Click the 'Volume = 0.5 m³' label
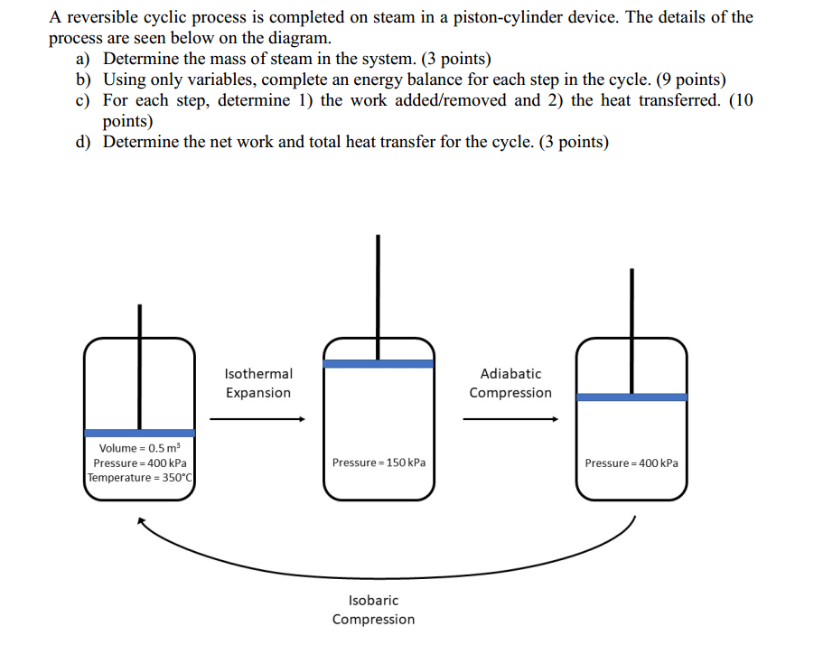[140, 448]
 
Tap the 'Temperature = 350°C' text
[140, 477]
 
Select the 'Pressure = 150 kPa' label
[379, 463]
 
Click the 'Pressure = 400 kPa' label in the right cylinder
[632, 463]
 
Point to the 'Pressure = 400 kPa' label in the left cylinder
[140, 463]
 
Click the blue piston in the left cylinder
[140, 433]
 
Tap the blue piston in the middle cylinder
[379, 363]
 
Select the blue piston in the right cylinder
[632, 397]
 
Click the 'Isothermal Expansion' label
[258, 383]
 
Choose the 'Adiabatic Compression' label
[510, 383]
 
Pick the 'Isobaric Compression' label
[373, 610]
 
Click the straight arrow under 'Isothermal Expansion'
[257, 419]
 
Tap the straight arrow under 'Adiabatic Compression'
[510, 419]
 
